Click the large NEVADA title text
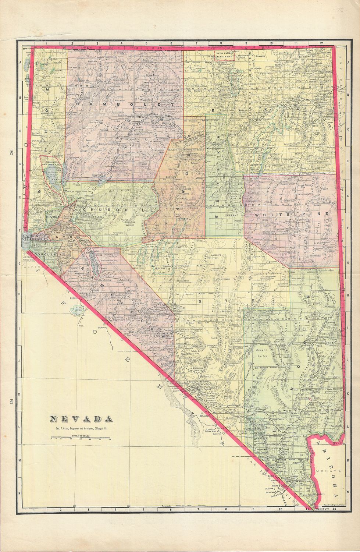(81, 419)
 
